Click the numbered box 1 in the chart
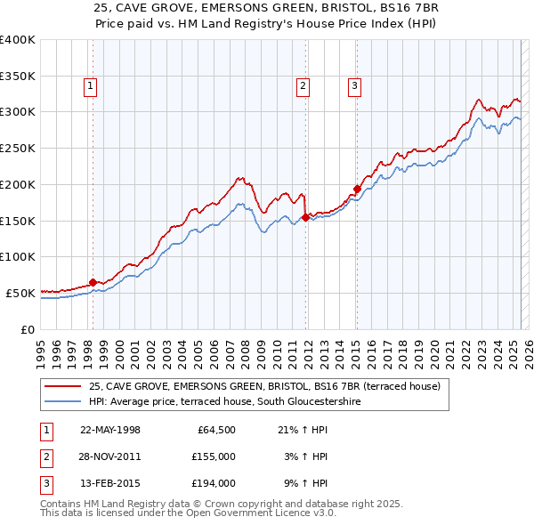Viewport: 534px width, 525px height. pos(92,86)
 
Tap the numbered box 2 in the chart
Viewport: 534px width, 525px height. pos(303,86)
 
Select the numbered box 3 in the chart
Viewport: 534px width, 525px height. pos(354,86)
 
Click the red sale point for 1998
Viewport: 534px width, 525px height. pos(93,283)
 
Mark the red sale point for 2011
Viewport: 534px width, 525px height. pos(305,216)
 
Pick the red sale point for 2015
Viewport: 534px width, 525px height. pos(356,189)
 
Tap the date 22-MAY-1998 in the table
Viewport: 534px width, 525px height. pos(110,430)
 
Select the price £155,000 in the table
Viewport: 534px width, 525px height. pos(213,456)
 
